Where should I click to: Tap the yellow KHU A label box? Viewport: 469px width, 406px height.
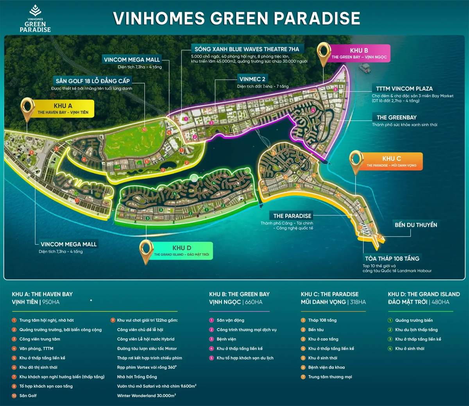tap(63, 109)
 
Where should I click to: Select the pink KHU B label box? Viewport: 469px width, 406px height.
tap(359, 53)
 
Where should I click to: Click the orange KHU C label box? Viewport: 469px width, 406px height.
tap(391, 161)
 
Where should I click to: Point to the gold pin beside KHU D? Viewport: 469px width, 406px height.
tap(146, 251)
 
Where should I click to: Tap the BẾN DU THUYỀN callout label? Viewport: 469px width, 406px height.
tap(416, 225)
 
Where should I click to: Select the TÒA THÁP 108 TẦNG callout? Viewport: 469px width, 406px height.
tap(392, 259)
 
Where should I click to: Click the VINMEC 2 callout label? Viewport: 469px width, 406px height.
tap(252, 79)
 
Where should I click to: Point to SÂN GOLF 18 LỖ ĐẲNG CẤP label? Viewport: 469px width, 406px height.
tap(93, 81)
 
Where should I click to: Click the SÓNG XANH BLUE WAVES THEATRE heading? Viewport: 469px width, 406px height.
tap(247, 49)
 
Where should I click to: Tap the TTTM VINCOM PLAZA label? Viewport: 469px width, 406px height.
tap(404, 89)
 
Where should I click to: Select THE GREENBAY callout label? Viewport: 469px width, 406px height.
tap(396, 117)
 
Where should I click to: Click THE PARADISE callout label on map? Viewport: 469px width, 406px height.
tap(292, 216)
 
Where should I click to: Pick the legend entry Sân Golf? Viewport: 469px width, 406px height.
tap(28, 396)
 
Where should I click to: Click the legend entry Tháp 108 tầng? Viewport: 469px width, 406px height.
tap(322, 320)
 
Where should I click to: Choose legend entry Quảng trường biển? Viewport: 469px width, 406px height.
tap(414, 320)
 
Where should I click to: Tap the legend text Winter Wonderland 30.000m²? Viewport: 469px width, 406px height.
tap(146, 396)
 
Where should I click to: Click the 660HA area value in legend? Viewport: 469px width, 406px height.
tap(254, 302)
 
